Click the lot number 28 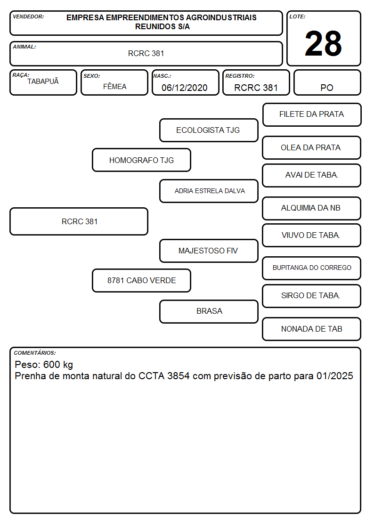pos(323,43)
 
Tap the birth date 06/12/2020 pos(185,88)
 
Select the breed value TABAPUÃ pos(43,81)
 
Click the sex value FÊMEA pos(114,86)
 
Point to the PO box pos(327,82)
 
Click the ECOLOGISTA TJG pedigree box pos(209,130)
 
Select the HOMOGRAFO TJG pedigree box pos(142,160)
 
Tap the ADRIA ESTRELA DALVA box pos(209,191)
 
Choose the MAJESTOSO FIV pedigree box pos(209,251)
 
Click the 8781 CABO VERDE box pos(142,280)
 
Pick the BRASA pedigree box pos(209,311)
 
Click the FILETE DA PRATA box pos(312,115)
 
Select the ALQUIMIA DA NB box pos(312,208)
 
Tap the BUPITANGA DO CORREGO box pos(312,268)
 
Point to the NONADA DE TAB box pos(312,329)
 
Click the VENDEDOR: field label pos(28,16)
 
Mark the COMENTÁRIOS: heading pos(35,353)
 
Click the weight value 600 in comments pos(52,364)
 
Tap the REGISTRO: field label pos(240,76)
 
